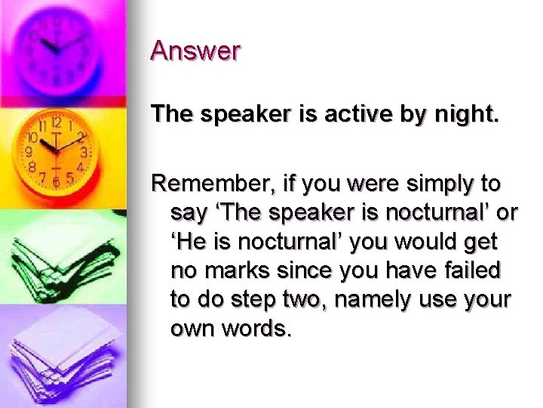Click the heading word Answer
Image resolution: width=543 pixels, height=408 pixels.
pos(195,51)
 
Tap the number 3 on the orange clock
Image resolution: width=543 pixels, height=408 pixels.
pos(84,153)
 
